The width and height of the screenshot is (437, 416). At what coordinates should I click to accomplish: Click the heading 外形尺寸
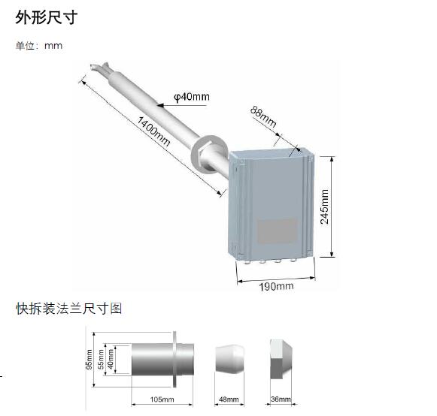click(x=47, y=17)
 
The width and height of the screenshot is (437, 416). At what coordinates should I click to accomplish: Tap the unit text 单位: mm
click(x=39, y=46)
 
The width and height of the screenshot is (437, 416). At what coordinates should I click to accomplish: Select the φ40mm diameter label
click(x=192, y=97)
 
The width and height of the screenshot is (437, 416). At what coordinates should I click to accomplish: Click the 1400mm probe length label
click(x=153, y=131)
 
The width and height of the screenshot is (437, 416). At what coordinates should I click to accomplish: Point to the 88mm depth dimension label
click(x=263, y=116)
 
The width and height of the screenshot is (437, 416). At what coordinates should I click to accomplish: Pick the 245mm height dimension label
click(x=324, y=206)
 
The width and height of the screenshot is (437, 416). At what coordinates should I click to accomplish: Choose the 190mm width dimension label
click(x=276, y=286)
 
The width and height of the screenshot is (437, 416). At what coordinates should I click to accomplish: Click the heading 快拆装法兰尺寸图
click(x=69, y=309)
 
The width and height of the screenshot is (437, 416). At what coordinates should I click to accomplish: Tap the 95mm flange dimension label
click(x=90, y=360)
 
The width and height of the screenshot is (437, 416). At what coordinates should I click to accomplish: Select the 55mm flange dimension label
click(x=101, y=359)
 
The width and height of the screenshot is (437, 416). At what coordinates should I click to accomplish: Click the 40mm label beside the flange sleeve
click(x=111, y=359)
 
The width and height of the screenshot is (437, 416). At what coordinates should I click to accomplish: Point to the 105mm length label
click(x=162, y=399)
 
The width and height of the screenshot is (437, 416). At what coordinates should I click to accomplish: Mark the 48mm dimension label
click(x=229, y=399)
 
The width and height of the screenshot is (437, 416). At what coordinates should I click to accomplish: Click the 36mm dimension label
click(x=281, y=399)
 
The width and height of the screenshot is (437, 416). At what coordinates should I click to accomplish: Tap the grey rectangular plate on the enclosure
click(x=277, y=231)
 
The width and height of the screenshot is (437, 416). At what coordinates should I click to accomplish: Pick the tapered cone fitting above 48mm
click(x=229, y=359)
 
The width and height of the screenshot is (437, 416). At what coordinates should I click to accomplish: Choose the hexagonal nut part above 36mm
click(x=281, y=359)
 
